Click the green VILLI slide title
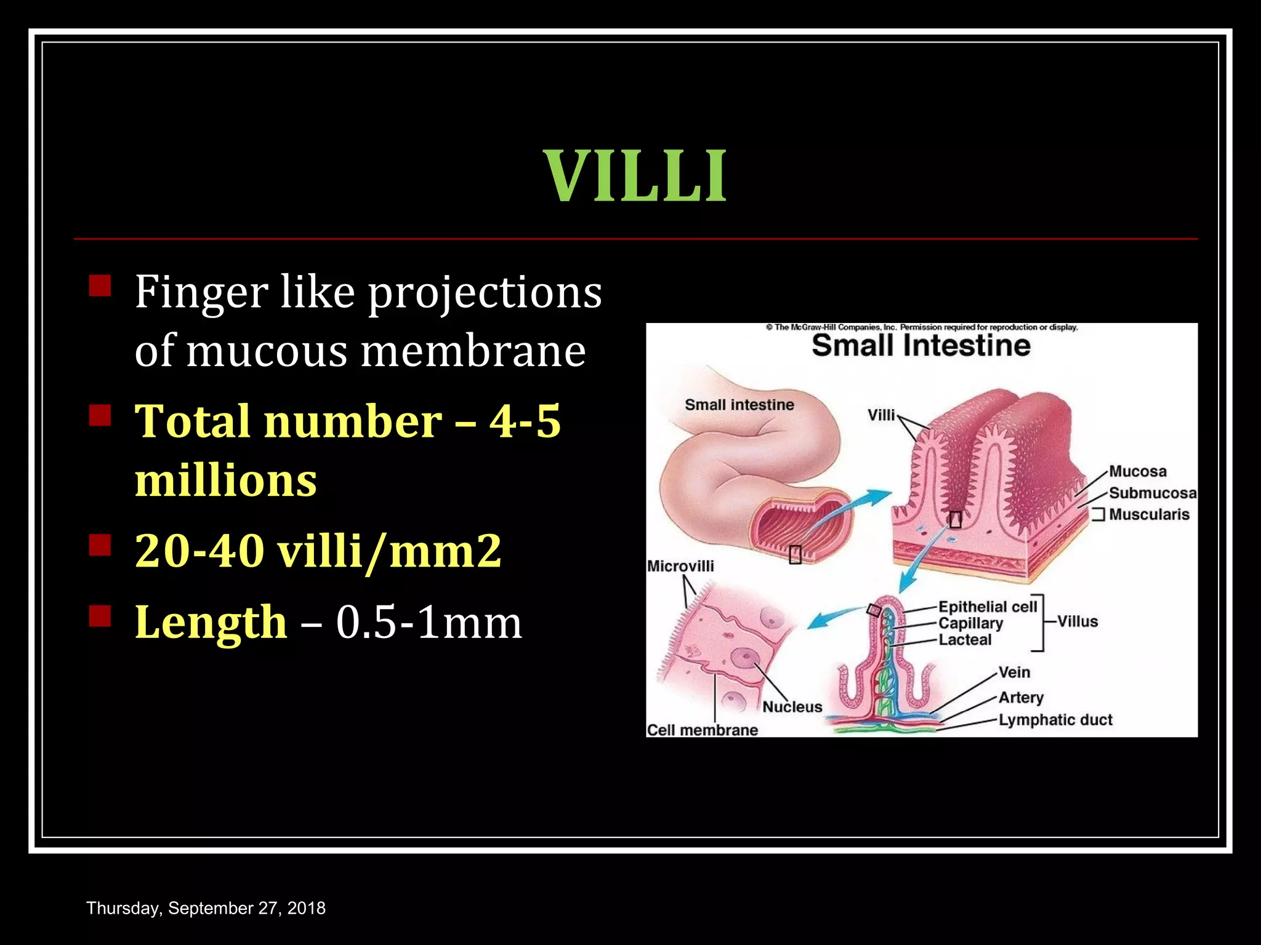coord(635,177)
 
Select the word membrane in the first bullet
coord(473,351)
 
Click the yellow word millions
coord(225,480)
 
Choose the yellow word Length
coord(211,621)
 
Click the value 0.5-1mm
coord(429,622)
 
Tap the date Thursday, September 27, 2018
coord(206,908)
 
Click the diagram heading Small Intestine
coord(921,346)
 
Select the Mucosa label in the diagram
coord(1138,471)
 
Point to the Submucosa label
coord(1153,493)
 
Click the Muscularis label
coord(1149,514)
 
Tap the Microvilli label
coord(680,566)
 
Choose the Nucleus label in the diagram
coord(792,707)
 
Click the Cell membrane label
coord(703,730)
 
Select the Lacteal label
coord(965,640)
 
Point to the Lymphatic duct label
coord(1055,720)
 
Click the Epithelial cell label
coord(987,607)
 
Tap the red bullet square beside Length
coord(100,615)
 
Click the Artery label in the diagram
coord(1021,698)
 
